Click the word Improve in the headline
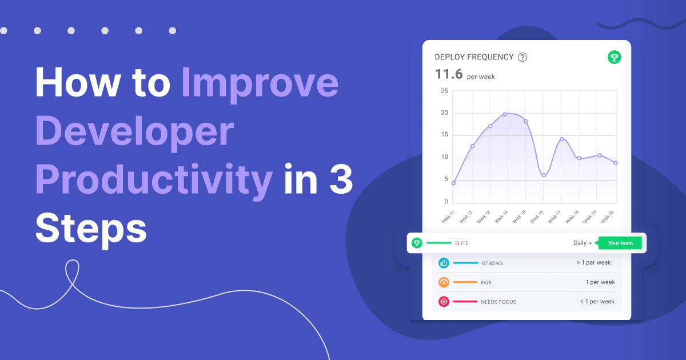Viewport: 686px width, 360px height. click(260, 83)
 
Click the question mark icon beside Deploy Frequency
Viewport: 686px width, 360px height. click(523, 57)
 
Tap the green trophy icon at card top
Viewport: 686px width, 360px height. click(614, 57)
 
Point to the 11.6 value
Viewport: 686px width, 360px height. click(448, 74)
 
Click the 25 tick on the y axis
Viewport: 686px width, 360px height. click(444, 91)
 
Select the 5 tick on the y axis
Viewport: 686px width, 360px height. click(446, 179)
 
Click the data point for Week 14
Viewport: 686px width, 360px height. click(505, 114)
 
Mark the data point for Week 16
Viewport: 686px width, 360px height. click(544, 175)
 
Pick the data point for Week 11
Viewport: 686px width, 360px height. click(453, 183)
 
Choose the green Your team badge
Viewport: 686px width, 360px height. click(620, 243)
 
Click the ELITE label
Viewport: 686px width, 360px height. click(461, 243)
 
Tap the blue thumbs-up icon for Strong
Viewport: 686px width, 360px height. click(444, 263)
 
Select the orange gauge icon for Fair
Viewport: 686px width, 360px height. click(444, 282)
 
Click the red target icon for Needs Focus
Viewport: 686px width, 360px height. click(444, 301)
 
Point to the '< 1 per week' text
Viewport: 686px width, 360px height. click(597, 301)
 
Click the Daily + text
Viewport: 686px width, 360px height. click(583, 243)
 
